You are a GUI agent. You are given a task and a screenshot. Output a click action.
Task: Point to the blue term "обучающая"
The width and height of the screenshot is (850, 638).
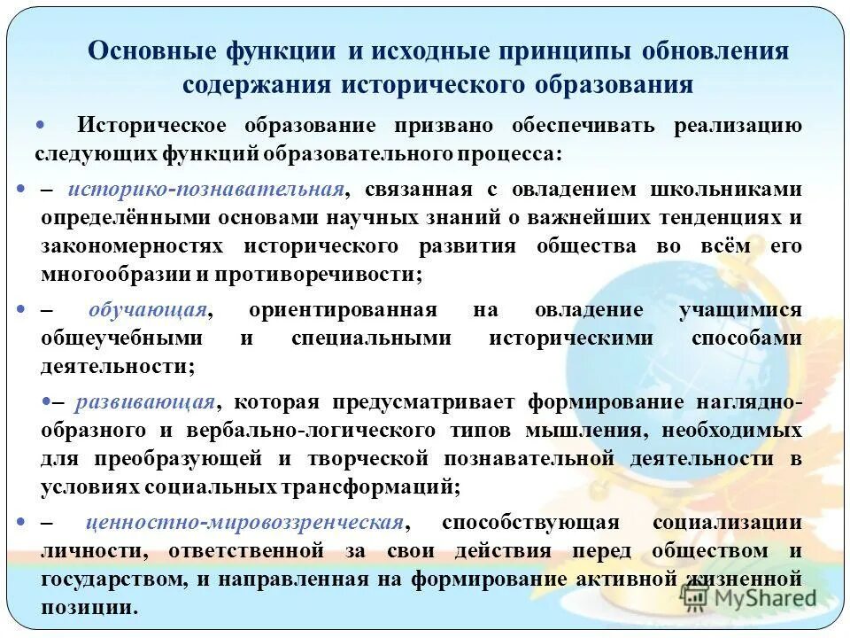(148, 310)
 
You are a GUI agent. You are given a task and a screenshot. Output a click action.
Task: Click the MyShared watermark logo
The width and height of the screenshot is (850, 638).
(751, 598)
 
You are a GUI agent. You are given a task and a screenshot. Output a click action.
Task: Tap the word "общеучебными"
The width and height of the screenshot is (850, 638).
(121, 338)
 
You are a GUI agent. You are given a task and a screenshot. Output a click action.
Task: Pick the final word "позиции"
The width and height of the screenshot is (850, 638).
(89, 608)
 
